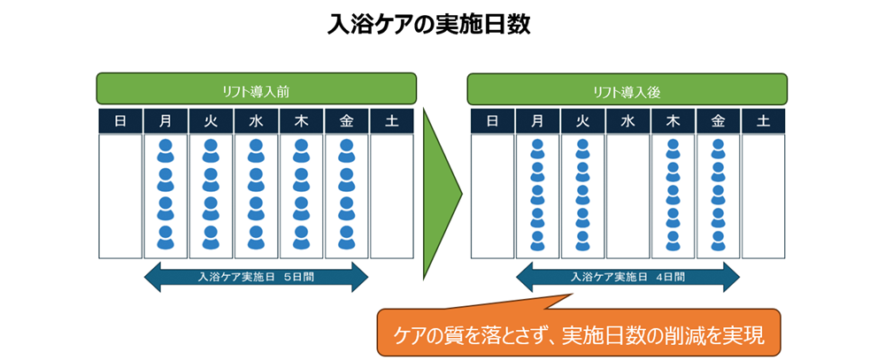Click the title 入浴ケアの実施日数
point(428,25)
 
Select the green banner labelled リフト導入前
point(257,90)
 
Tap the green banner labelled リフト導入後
point(627,90)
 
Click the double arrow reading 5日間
point(256,277)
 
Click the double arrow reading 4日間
point(627,277)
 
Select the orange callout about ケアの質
point(580,333)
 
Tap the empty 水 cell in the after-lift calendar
point(627,195)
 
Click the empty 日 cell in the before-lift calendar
point(120,195)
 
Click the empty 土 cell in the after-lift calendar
point(763,195)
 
